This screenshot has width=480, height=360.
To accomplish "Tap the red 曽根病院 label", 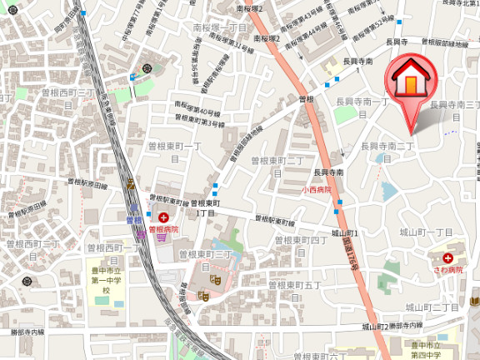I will pos(164,227).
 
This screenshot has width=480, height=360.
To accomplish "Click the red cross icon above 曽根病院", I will pos(163,217).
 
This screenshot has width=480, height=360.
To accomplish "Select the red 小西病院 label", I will pos(317,190).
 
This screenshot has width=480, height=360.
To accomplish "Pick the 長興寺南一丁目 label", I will pos(362,102).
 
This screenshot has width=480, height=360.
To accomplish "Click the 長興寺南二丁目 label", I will pos(387,147).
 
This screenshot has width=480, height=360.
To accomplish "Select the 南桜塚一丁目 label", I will pos(220,28).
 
